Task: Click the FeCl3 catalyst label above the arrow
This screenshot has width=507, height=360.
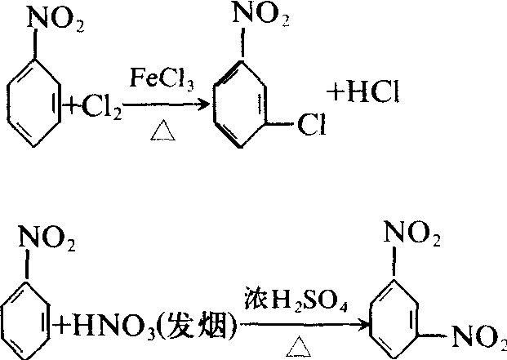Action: coord(163,78)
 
